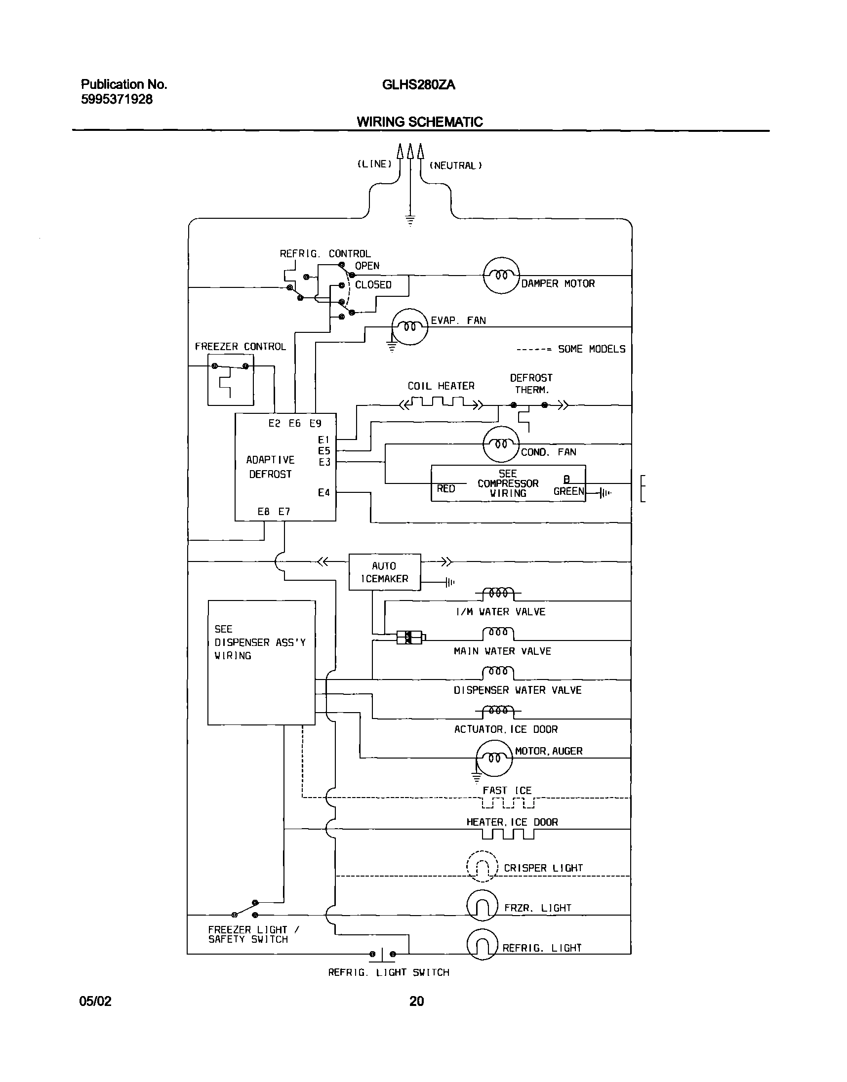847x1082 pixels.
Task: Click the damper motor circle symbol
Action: point(501,276)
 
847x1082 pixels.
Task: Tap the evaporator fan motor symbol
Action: point(409,327)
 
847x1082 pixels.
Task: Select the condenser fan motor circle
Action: point(501,444)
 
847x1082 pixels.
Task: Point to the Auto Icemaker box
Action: point(384,572)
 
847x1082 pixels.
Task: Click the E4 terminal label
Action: point(323,492)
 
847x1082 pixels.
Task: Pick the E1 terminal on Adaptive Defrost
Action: point(323,440)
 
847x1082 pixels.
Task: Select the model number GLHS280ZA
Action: point(418,85)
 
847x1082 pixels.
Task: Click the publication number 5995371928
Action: point(117,99)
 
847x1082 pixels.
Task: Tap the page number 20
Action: point(416,1001)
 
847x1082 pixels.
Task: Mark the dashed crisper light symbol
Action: point(482,866)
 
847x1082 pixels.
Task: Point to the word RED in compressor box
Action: point(446,489)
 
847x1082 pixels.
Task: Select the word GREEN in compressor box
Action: point(569,491)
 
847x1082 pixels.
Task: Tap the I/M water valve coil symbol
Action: point(498,593)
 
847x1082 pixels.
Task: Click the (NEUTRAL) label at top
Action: point(455,165)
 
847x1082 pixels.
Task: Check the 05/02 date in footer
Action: point(96,1001)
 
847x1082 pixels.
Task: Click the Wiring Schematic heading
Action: point(419,122)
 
